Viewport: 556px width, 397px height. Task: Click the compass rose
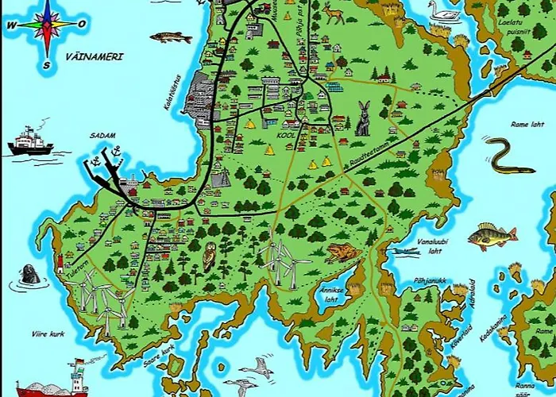tap(47, 26)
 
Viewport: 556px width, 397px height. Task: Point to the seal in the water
tap(29, 275)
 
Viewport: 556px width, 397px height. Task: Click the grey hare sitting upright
tap(364, 119)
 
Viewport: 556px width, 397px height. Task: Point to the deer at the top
tap(333, 13)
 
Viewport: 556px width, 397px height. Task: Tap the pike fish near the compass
tap(170, 37)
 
